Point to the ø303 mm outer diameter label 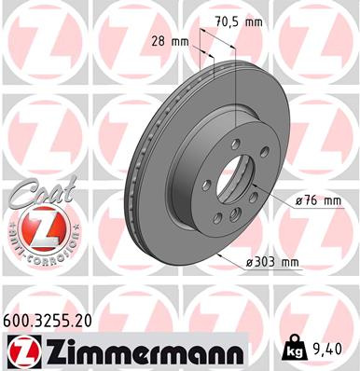click(x=272, y=262)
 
